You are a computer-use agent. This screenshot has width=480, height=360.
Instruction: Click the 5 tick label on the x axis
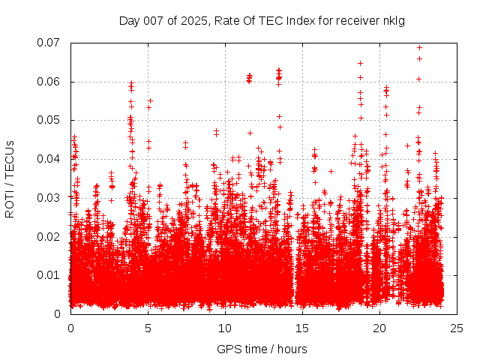[148, 328]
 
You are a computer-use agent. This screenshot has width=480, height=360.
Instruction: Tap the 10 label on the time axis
[225, 328]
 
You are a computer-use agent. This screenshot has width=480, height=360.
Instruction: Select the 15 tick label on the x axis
[302, 328]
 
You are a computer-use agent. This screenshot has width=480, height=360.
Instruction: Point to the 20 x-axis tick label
[379, 328]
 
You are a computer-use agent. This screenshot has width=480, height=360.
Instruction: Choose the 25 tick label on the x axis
[457, 328]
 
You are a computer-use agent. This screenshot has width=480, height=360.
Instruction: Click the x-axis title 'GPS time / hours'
[262, 349]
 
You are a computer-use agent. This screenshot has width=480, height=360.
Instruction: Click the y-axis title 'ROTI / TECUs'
[10, 178]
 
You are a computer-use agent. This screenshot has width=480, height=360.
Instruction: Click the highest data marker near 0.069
[419, 47]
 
